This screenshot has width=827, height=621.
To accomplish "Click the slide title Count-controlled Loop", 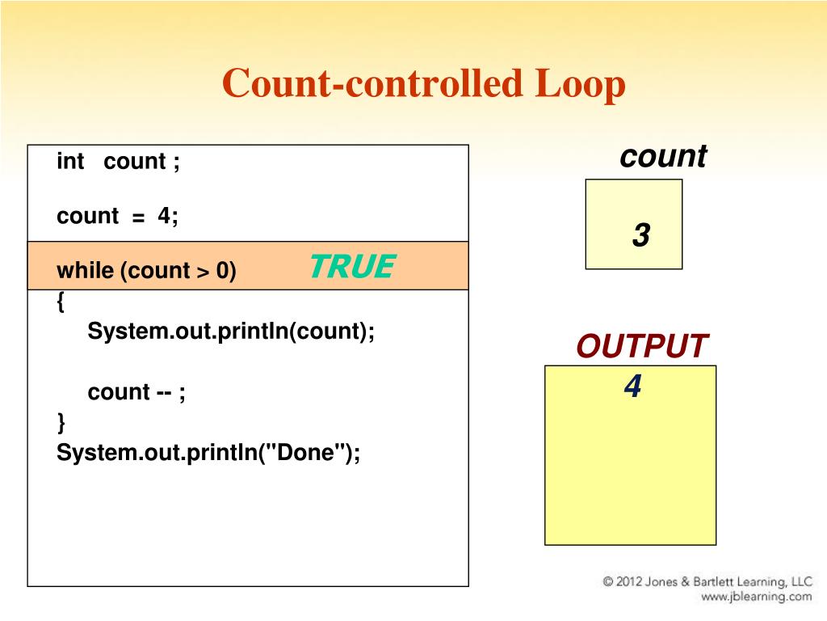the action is click(424, 85).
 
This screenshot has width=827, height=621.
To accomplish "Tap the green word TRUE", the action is click(352, 266).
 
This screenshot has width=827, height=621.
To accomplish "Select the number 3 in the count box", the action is click(641, 236).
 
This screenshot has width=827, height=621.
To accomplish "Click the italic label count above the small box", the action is click(663, 156).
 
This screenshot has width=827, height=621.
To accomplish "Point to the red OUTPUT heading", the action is click(642, 347).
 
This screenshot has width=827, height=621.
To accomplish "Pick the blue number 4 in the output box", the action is click(632, 387).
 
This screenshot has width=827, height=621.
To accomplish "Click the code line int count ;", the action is click(118, 162).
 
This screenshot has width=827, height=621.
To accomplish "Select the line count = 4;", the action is click(118, 216).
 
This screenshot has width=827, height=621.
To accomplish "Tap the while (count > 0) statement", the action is click(146, 270).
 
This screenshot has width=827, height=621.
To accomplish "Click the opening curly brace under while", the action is click(61, 302).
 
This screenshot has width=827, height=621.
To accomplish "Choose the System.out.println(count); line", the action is click(232, 332).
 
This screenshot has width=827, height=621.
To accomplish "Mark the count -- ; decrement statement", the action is click(136, 392).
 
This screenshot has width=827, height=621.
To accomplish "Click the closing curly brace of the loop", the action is click(61, 422).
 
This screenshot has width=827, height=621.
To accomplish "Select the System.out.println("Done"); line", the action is click(208, 453).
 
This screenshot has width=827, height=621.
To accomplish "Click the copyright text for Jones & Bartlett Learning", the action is click(707, 581).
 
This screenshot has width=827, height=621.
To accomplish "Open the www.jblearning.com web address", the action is click(756, 597).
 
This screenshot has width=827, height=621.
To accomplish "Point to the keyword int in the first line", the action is click(70, 162).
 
